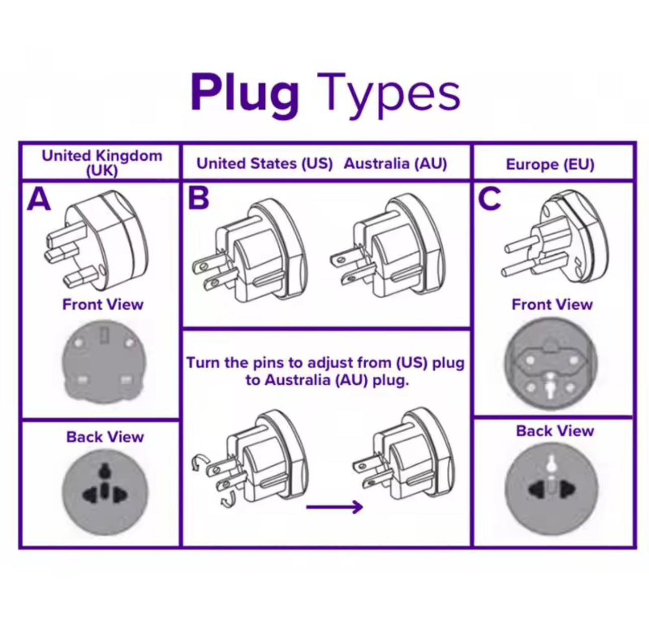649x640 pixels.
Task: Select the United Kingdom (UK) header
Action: coord(102,162)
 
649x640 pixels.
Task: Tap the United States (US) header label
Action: coord(265,164)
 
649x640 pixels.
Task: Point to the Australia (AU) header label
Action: coord(395,164)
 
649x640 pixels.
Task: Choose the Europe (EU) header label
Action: coord(550,165)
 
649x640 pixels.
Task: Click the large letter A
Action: coord(39,199)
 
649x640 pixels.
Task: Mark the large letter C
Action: coord(489,199)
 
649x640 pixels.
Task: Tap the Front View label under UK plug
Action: coord(103,305)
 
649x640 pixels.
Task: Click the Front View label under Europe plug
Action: coord(552,305)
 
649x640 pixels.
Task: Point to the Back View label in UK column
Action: coord(105,437)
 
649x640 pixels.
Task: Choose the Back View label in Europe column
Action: coord(555,431)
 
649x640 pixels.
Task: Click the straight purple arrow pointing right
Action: coord(335,507)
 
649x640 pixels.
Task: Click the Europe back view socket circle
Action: coord(551,489)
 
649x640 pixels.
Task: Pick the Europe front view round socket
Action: coord(550,364)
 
